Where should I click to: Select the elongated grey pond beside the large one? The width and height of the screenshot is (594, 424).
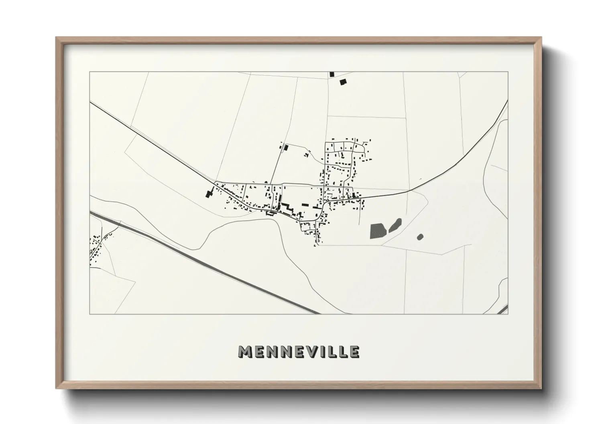click(395, 225)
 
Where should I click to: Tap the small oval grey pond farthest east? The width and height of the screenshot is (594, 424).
click(420, 237)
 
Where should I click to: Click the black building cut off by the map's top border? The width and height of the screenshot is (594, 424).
click(332, 74)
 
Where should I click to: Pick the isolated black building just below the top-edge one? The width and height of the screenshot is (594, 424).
click(342, 82)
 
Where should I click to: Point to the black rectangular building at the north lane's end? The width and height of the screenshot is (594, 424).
click(286, 147)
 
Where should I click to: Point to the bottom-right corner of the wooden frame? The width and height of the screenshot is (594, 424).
click(540, 388)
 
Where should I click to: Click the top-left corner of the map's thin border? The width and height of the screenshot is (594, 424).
click(90, 72)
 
